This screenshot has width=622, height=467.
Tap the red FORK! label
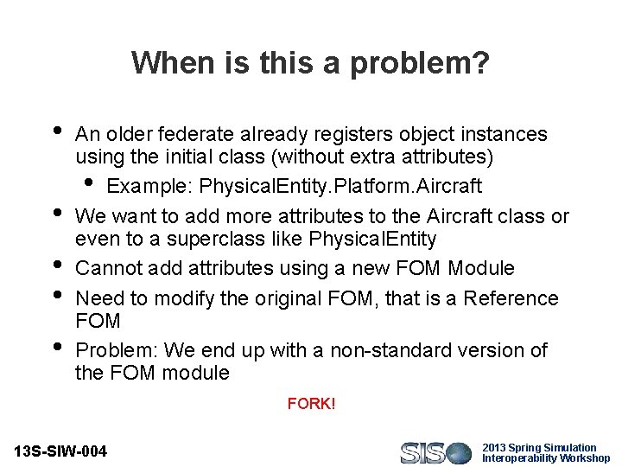[x=311, y=404]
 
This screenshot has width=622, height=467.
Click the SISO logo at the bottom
[x=435, y=452]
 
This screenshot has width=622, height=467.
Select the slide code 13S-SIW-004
[x=61, y=451]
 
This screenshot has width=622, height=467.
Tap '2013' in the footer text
[x=493, y=448]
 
